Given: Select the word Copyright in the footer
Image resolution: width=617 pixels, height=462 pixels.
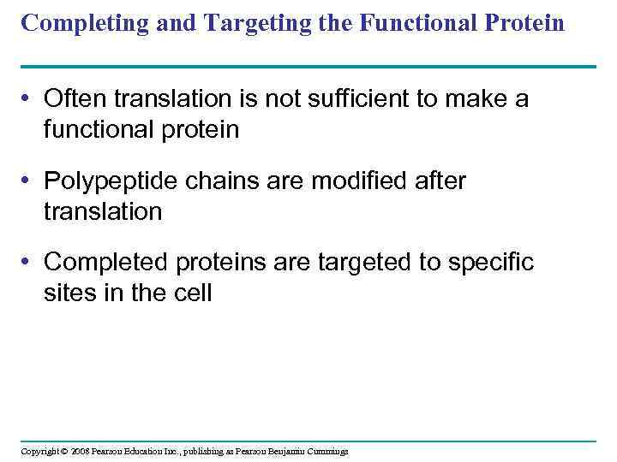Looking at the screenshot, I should coord(40,451).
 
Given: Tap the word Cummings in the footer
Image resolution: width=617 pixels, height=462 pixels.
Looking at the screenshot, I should coord(326,451).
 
